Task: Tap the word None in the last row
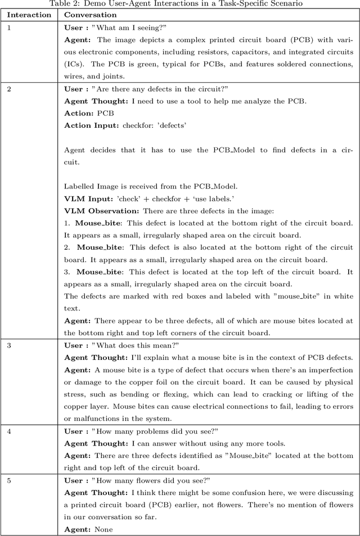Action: click(x=104, y=529)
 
